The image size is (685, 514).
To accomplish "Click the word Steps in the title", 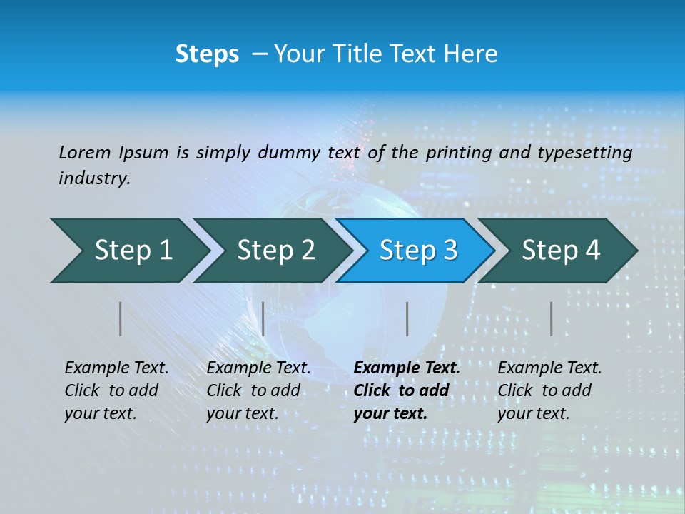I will pos(207,54).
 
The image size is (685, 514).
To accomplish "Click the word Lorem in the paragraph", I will pos(85,153).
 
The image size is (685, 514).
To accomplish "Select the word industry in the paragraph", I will pos(93,178).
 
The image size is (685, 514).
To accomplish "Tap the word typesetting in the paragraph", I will pos(584,153).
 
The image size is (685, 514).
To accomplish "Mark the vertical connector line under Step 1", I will pos(121,318).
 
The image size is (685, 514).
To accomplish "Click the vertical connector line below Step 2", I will pos(263,318).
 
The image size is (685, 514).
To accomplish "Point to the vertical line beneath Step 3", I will pos(407,318).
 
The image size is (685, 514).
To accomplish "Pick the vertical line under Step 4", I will pos(551,318).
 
